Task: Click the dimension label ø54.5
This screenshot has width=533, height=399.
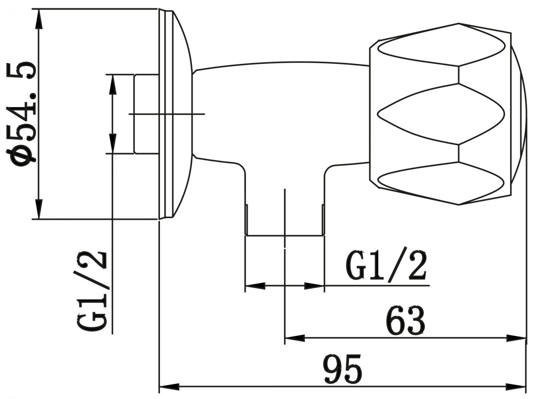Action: coord(21,114)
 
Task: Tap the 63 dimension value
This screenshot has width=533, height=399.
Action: coord(405,321)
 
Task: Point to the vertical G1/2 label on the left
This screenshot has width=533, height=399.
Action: coord(92,291)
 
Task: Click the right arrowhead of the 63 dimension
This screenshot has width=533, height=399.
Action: coord(516,338)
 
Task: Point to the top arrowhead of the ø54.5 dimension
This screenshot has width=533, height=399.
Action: coord(39,19)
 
